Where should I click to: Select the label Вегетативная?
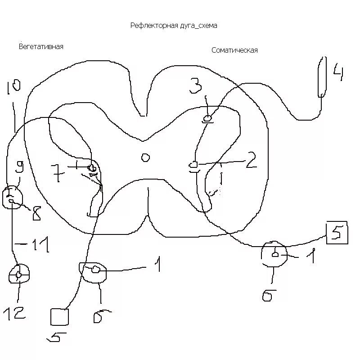pyautogui.click(x=41, y=46)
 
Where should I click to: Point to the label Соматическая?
pyautogui.click(x=234, y=50)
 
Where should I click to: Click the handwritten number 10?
pyautogui.click(x=13, y=87)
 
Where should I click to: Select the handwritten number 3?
pyautogui.click(x=195, y=85)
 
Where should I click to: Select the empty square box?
pyautogui.click(x=59, y=316)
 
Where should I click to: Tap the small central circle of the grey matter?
pyautogui.click(x=145, y=157)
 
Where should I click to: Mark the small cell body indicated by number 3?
pyautogui.click(x=208, y=119)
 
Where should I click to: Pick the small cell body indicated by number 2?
pyautogui.click(x=193, y=165)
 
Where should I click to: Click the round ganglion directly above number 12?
pyautogui.click(x=20, y=274)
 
